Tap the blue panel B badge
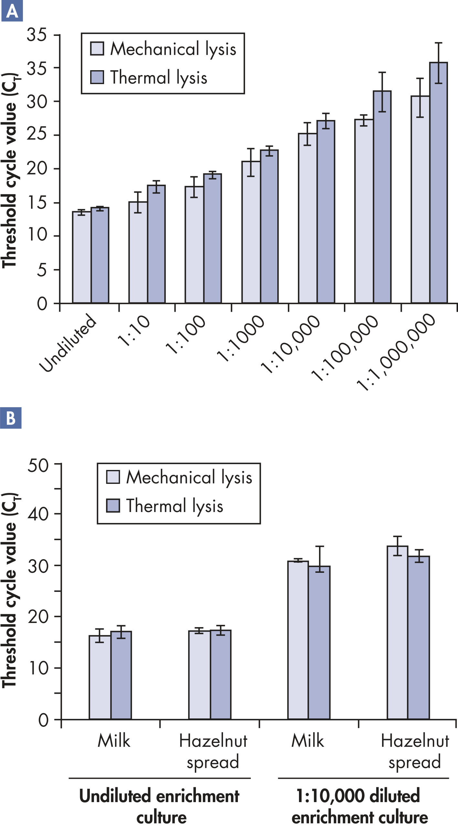11,418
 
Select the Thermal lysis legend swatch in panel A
97,77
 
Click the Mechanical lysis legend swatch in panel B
113,477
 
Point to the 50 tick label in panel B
37,466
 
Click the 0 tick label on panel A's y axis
42,304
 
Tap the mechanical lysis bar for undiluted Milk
100,679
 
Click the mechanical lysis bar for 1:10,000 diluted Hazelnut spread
397,634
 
